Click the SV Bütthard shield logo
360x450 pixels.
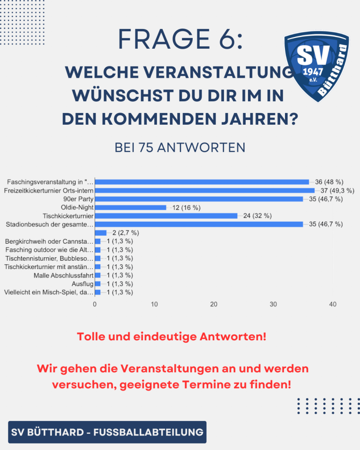tap(316, 67)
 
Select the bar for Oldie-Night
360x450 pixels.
tap(130, 207)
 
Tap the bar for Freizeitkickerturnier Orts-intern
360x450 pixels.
tap(204, 190)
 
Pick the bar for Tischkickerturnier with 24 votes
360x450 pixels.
tap(166, 216)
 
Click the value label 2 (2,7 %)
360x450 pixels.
tap(125, 232)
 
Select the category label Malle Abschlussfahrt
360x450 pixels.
tap(64, 275)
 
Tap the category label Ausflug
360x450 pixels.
tap(82, 284)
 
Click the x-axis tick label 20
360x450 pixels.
tap(214, 305)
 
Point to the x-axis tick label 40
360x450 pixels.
tap(333, 305)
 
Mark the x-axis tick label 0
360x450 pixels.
tap(95, 305)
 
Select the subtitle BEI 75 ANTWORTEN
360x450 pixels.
tap(180, 147)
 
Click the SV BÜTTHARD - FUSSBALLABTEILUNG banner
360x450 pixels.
tap(107, 432)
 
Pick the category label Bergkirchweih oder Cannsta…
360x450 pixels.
tap(49, 241)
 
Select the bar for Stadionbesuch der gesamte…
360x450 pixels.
tap(199, 224)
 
